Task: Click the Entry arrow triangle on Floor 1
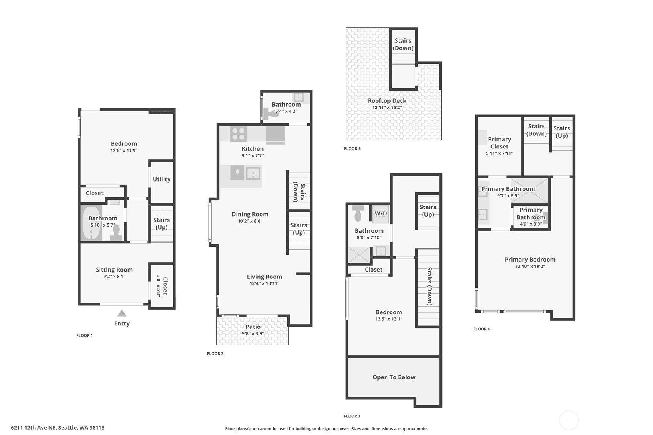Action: coord(122,313)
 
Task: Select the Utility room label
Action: coord(162,179)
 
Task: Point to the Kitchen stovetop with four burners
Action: coord(238,134)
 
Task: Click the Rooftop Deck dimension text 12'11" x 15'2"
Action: coord(387,107)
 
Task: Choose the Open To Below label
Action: coord(394,377)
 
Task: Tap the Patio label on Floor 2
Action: coord(253,327)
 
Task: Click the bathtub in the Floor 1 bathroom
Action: coord(91,223)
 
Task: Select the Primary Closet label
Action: coord(499,143)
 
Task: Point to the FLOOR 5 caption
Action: coord(352,148)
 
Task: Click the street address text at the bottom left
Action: coord(58,428)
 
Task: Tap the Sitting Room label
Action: coord(114,270)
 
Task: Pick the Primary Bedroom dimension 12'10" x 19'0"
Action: coord(530,266)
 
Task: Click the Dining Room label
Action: coord(250,214)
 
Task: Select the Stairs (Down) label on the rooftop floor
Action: coord(403,44)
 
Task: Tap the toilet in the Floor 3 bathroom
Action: coord(357,213)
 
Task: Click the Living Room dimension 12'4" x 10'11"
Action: coord(264,283)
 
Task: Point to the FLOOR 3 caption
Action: coord(352,416)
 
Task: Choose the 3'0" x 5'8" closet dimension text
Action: coord(159,285)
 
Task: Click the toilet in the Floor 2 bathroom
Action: coord(271,113)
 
